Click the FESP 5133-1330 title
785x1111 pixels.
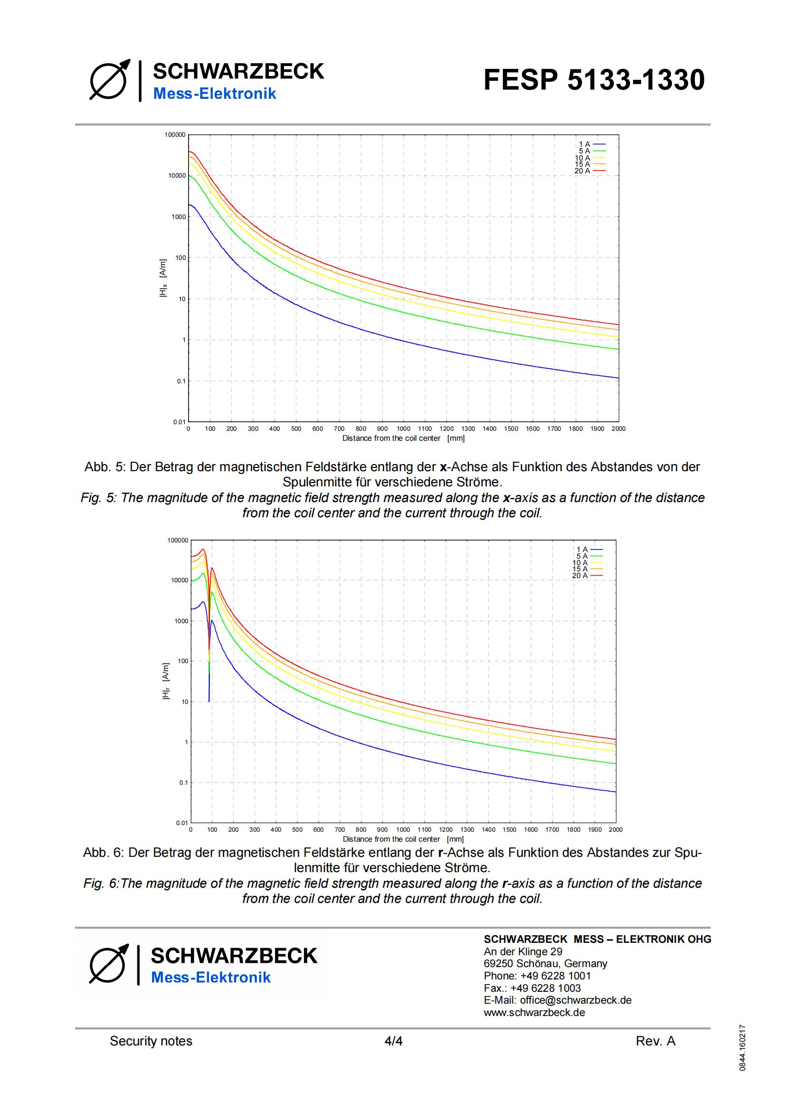[x=594, y=80]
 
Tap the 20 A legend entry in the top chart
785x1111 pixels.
[x=590, y=171]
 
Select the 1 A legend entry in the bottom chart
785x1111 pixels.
[x=590, y=549]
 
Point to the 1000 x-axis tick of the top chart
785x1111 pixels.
[x=403, y=429]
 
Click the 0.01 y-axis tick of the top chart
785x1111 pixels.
[x=179, y=422]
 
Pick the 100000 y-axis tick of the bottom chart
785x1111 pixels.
[x=178, y=540]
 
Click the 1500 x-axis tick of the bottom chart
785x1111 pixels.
[x=509, y=829]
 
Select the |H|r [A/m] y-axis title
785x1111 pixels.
[x=166, y=681]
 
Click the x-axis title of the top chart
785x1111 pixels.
[x=403, y=438]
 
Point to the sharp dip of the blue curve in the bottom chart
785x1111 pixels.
[x=209, y=700]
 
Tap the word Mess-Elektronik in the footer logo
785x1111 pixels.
[x=211, y=978]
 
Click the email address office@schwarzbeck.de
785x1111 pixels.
[x=558, y=1000]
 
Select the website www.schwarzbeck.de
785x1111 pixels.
[x=534, y=1012]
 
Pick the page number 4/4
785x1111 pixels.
[x=393, y=1041]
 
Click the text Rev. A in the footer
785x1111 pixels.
[x=655, y=1041]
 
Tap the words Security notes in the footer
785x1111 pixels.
[x=151, y=1041]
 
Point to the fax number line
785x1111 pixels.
[x=532, y=988]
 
